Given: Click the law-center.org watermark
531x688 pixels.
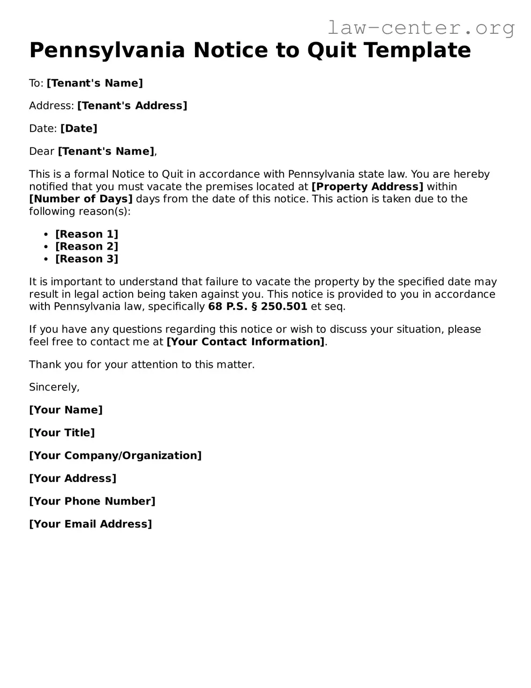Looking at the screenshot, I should coord(420,28).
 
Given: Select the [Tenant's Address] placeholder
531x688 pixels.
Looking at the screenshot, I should coord(132,106).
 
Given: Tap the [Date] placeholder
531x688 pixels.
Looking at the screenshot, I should coord(79,129).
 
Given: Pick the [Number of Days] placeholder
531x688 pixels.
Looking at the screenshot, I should coord(81,199).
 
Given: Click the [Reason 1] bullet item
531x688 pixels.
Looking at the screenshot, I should coord(87,234).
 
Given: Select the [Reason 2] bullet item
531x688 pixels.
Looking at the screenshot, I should coord(87,246).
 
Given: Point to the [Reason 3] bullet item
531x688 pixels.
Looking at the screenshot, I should coord(87,259).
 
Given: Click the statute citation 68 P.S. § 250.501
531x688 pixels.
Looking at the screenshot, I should coord(258,307).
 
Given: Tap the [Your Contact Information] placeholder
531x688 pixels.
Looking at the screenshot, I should coord(246,342).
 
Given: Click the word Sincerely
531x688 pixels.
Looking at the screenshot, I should coord(54,387).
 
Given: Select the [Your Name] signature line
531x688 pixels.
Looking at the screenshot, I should coord(66,410).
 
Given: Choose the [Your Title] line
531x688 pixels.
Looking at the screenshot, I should coord(62,433).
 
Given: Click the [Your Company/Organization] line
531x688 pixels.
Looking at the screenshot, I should coord(115,456).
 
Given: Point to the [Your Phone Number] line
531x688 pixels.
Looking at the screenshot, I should coord(92,501).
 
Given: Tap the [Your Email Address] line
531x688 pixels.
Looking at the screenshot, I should coord(90,524).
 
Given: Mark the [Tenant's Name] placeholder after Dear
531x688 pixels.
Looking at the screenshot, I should coord(106,152).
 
